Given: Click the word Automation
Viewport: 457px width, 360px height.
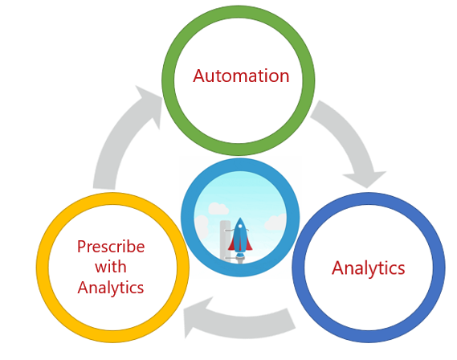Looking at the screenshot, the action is point(241,76).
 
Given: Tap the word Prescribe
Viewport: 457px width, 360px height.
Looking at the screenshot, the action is point(111,247).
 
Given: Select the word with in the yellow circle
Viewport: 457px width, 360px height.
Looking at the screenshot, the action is point(111,267).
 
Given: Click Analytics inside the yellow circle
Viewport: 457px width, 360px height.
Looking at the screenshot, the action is point(111,288).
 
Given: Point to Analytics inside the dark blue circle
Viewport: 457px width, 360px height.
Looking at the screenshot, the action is point(369,268).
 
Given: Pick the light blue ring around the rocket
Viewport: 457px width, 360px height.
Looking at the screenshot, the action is point(187,217).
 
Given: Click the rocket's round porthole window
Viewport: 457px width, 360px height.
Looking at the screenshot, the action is point(240,226).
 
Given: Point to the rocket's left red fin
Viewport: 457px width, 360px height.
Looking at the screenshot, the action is point(232,244).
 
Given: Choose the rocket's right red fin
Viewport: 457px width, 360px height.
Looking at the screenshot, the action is point(248,244).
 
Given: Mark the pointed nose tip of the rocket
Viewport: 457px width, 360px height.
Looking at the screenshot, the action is point(240,218).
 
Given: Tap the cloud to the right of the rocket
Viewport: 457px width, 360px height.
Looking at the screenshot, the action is point(275,222).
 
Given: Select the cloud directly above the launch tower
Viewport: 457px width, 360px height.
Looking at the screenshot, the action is point(218,208).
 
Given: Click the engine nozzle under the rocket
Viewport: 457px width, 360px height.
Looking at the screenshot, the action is point(239,259).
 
